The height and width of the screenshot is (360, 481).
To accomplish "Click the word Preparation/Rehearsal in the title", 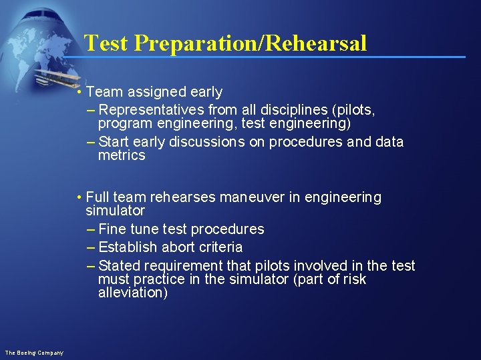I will tap(251, 43).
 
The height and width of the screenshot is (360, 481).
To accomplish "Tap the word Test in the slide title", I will tap(107, 43).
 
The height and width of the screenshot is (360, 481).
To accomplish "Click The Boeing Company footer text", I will tap(34, 352).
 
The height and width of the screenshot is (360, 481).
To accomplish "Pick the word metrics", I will tap(122, 155).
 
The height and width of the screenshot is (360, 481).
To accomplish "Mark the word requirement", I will tap(182, 266).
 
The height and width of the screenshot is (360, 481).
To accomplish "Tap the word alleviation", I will tap(133, 293).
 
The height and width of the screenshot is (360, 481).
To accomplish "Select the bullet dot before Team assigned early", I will tap(79, 92).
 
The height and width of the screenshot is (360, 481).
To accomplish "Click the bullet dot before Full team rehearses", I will tap(79, 197).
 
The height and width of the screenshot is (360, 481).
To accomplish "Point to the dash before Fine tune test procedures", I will tap(91, 229).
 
